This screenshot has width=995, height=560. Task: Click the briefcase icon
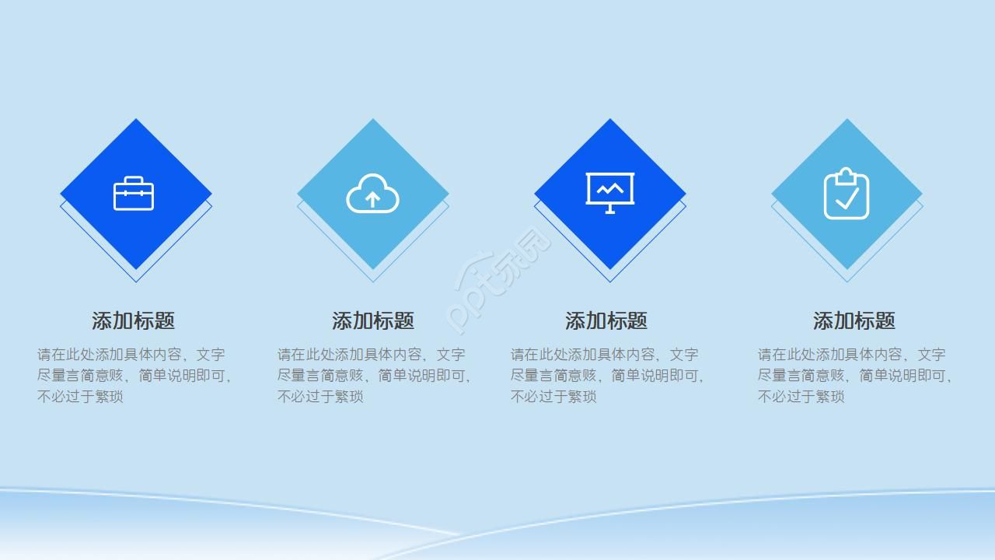[134, 194]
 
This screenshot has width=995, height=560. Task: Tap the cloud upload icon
[372, 194]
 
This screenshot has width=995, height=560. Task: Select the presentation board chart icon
[610, 193]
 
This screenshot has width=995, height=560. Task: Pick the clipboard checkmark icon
[847, 194]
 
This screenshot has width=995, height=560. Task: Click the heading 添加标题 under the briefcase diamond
[133, 320]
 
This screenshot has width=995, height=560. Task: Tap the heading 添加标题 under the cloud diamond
[373, 320]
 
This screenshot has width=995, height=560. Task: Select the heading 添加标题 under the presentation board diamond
[606, 320]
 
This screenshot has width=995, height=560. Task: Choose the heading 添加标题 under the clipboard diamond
[854, 320]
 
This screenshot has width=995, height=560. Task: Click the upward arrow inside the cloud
[372, 200]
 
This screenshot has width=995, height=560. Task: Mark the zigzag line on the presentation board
[610, 190]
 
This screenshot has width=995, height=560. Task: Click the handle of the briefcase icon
[134, 180]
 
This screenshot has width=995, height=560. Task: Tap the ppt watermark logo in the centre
[498, 280]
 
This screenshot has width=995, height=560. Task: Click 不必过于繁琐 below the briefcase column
[80, 397]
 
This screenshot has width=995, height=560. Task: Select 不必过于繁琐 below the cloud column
[320, 397]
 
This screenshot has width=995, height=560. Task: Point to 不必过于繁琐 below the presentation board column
[553, 397]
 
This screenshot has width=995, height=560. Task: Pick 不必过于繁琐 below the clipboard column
[801, 397]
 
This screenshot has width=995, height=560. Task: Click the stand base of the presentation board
[610, 212]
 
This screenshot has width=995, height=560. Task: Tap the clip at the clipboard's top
[847, 176]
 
